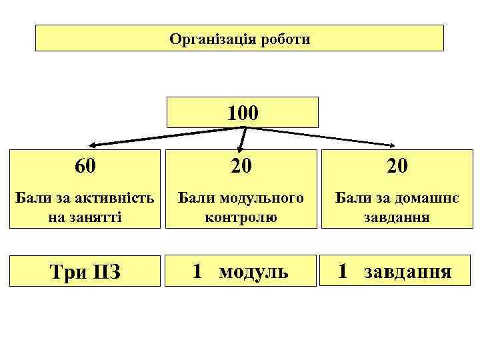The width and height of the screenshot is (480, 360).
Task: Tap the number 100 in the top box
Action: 242,112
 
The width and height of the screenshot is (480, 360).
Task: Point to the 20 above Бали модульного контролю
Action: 241,166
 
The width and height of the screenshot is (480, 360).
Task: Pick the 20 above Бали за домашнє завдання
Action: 397,166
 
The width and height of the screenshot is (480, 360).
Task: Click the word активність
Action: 120,198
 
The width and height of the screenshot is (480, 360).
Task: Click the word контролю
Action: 241,217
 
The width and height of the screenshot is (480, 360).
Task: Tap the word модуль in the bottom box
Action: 253,271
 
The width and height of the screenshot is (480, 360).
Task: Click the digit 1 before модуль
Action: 197,271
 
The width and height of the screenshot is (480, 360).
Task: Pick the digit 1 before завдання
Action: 343,271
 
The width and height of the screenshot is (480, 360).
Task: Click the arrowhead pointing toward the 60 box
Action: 95,145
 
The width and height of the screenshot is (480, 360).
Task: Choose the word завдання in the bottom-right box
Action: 408,271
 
